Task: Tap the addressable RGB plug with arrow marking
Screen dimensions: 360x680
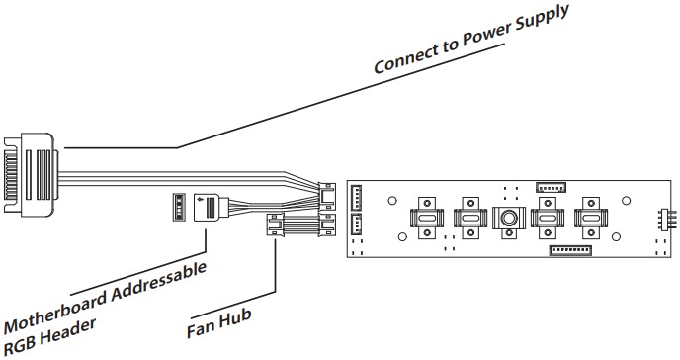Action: pos(212,209)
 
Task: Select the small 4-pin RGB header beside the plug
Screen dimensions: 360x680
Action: pos(179,208)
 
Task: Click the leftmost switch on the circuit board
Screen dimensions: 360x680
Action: pos(426,217)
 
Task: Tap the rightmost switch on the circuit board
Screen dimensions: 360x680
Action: pos(591,217)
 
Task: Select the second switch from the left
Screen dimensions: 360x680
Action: pos(467,217)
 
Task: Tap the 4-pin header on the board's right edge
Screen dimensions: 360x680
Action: pos(662,219)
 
